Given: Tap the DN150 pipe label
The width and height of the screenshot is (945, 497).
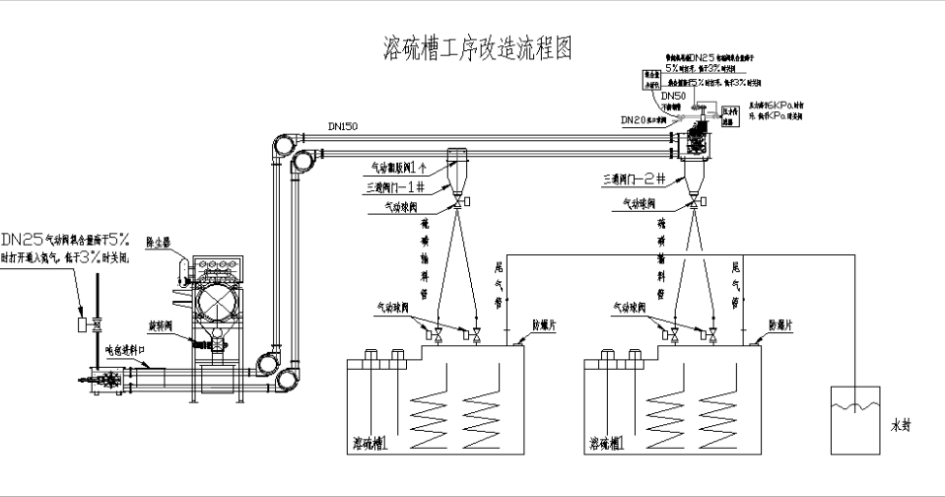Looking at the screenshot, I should pyautogui.click(x=344, y=127).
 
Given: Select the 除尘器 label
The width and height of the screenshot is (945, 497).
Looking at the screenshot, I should pyautogui.click(x=160, y=240).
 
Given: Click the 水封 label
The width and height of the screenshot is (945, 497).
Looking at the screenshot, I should pyautogui.click(x=900, y=427).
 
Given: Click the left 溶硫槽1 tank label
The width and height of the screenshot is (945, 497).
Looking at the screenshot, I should pyautogui.click(x=371, y=445).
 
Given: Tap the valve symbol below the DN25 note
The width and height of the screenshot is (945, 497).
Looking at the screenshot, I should pyautogui.click(x=99, y=324).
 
